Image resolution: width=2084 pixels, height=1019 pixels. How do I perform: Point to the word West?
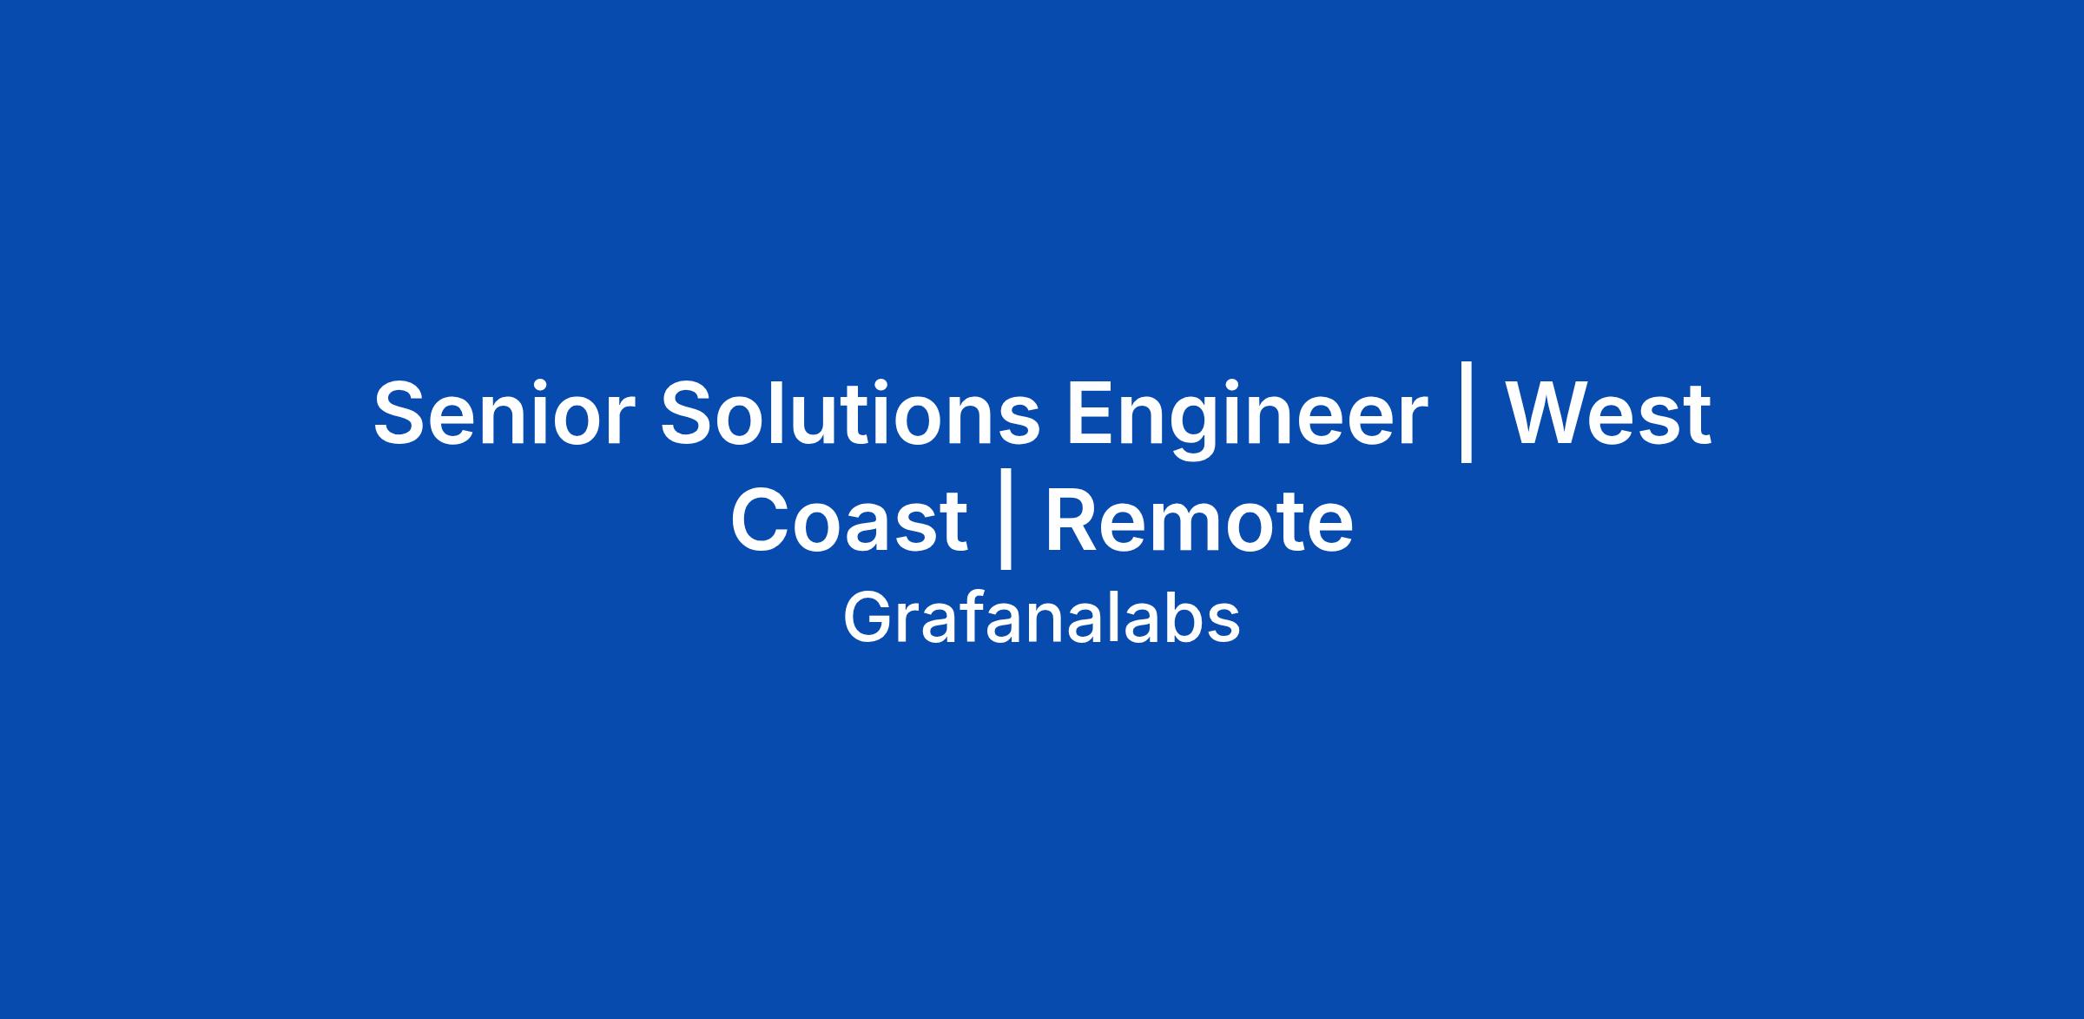[x=1608, y=414]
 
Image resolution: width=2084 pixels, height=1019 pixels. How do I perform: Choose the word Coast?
[x=849, y=520]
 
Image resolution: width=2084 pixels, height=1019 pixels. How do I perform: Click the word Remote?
[x=1198, y=520]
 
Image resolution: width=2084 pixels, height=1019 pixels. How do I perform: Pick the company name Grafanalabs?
[x=1041, y=618]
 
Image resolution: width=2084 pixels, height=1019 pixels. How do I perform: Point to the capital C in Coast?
[x=762, y=521]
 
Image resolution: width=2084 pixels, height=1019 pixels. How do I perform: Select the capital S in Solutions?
[x=689, y=414]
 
